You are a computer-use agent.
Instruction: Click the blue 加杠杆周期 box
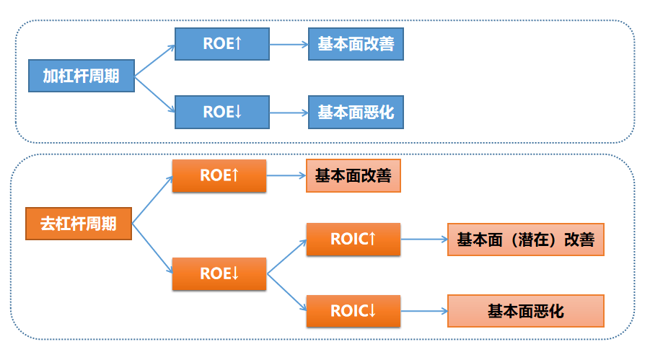[x=82, y=76]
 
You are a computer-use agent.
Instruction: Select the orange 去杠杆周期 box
[x=79, y=224]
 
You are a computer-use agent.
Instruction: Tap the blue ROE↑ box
[x=222, y=44]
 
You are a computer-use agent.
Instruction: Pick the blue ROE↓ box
[x=222, y=112]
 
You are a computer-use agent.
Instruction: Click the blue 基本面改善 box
[x=356, y=44]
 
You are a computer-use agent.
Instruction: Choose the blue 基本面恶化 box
[x=356, y=112]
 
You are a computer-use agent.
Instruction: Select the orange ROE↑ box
[x=219, y=176]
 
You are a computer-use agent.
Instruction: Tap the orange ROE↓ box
[x=219, y=273]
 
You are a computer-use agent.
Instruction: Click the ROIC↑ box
[x=353, y=240]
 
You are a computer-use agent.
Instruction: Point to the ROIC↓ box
[x=353, y=311]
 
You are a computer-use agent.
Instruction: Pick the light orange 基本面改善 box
[x=353, y=176]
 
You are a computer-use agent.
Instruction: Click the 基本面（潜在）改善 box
[x=526, y=240]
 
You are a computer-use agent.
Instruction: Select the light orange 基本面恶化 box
[x=526, y=311]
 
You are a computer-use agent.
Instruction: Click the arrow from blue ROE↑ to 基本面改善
[x=289, y=45]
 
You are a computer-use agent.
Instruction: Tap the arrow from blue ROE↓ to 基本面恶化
[x=289, y=113]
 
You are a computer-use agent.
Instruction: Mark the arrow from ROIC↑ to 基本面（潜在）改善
[x=424, y=240]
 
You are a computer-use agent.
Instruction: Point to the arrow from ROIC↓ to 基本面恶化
[x=424, y=311]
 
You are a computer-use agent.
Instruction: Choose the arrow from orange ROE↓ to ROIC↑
[x=287, y=257]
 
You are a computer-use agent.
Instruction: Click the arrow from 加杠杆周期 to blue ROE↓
[x=154, y=95]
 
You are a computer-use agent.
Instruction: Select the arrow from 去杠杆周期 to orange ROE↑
[x=152, y=200]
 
